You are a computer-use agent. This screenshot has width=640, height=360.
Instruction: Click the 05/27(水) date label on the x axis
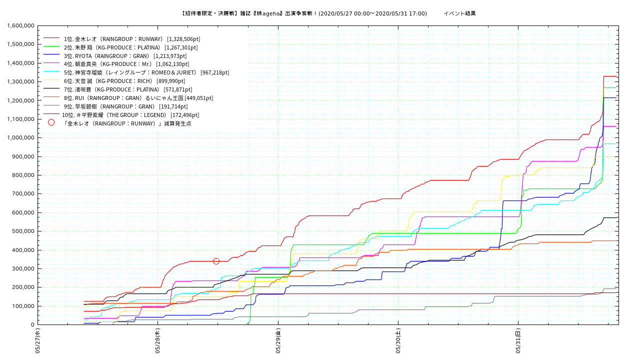(37, 341)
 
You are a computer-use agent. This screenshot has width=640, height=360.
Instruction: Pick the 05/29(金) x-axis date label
(278, 341)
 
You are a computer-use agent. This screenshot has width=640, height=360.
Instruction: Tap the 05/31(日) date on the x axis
(518, 341)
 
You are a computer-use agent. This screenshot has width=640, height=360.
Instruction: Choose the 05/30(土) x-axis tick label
(398, 341)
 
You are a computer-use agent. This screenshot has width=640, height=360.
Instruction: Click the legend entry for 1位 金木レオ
(113, 38)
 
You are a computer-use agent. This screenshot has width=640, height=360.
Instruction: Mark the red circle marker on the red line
(216, 261)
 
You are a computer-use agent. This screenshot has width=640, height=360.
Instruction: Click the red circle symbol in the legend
(51, 122)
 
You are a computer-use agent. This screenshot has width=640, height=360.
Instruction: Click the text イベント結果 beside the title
(459, 13)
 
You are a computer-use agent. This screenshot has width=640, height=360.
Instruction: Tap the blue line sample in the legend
(51, 55)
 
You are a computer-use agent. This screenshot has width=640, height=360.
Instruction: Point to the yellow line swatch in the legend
(51, 81)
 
